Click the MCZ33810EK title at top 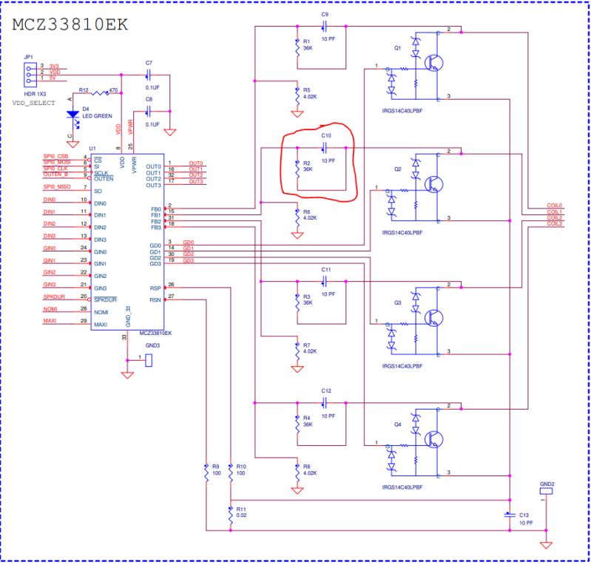70,24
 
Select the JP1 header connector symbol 27,72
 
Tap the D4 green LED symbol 72,115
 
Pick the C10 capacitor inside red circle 325,147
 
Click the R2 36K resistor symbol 297,168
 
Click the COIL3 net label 554,224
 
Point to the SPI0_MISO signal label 58,187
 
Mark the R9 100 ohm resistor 206,473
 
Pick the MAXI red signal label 50,320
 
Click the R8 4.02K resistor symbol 297,472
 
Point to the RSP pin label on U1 155,288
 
